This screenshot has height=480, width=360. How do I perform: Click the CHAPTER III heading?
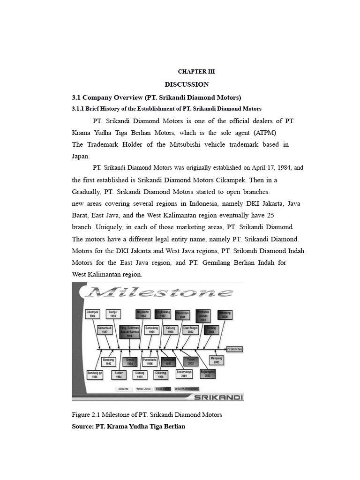[196, 72]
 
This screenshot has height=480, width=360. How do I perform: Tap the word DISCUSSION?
[187, 84]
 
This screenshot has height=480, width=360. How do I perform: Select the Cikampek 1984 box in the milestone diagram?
[92, 314]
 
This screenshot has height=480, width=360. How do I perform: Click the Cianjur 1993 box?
[113, 314]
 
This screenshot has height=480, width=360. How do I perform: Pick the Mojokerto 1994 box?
[142, 314]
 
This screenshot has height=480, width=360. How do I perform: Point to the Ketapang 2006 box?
[225, 315]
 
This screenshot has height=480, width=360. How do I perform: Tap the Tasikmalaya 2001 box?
[184, 374]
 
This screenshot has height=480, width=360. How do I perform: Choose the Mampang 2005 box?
[217, 360]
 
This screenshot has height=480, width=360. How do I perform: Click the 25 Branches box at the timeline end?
[234, 349]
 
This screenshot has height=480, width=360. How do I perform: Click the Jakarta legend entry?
[124, 389]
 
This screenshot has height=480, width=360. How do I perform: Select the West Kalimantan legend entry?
[186, 389]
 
